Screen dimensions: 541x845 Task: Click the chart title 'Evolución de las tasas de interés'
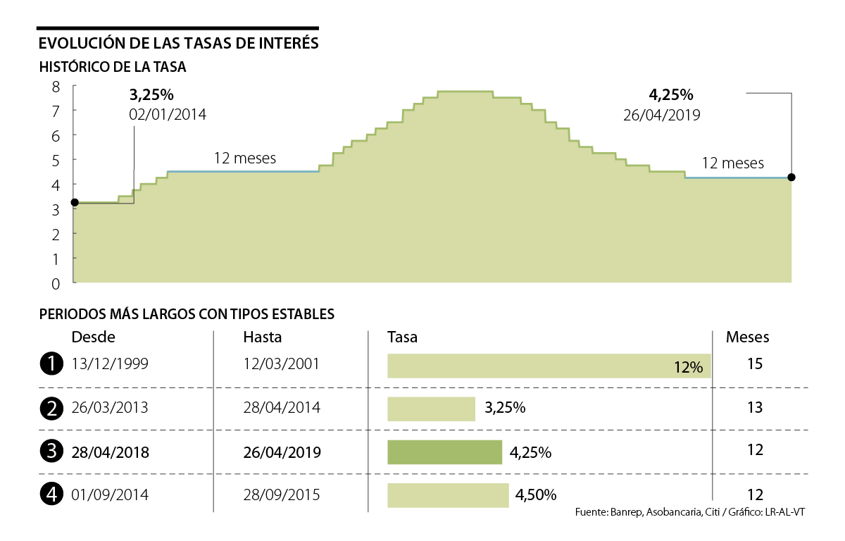[179, 44]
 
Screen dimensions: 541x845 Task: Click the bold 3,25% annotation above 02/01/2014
[151, 94]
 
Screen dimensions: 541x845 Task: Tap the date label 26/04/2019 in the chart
[661, 115]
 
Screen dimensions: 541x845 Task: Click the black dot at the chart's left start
[75, 202]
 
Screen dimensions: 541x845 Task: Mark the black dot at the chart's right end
[791, 178]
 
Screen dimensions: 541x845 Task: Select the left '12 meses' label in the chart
[245, 158]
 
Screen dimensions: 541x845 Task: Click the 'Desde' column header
[93, 337]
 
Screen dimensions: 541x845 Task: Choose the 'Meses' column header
[747, 337]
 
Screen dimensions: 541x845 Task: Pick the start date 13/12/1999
[110, 364]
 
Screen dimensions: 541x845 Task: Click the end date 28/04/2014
[281, 408]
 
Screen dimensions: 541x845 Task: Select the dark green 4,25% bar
[444, 452]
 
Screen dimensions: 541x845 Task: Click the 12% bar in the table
[549, 366]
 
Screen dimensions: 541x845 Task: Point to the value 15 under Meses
[755, 364]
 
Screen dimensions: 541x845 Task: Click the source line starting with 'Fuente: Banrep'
[689, 512]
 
